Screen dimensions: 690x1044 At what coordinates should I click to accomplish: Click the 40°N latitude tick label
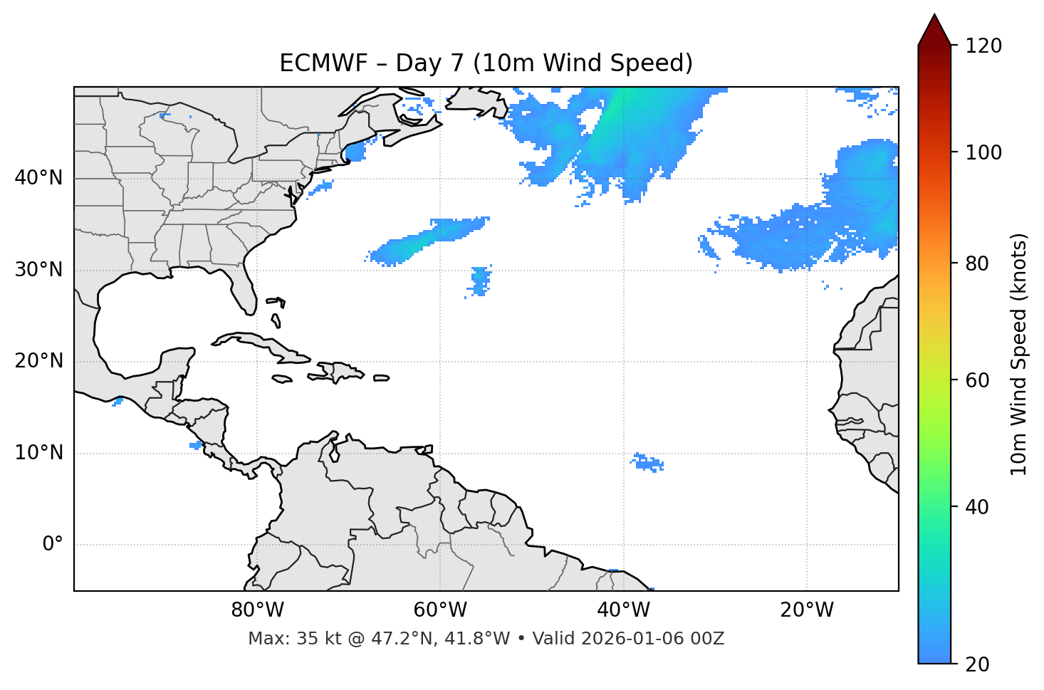(x=38, y=178)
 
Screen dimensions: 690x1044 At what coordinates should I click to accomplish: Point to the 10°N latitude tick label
(x=38, y=453)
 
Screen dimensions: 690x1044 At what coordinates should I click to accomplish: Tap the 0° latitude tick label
(x=53, y=545)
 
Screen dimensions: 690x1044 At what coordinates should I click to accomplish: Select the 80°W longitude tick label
(x=257, y=610)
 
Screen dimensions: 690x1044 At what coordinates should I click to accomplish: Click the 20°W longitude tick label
(x=807, y=610)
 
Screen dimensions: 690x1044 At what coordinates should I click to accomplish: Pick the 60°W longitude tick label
(x=440, y=610)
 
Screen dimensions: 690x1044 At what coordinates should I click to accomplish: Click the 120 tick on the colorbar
(x=983, y=46)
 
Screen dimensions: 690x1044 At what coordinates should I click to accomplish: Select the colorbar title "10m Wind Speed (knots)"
(x=1019, y=355)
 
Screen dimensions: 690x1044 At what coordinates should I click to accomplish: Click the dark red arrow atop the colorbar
(x=934, y=30)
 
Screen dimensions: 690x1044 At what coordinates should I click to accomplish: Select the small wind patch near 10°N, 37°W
(x=649, y=464)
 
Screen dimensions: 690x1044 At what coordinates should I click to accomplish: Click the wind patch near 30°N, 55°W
(x=481, y=280)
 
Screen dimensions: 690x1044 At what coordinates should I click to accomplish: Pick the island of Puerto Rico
(x=382, y=378)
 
